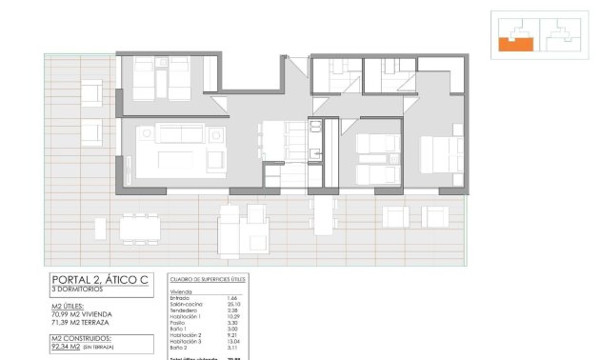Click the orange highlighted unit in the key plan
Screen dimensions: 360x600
pyautogui.click(x=516, y=41)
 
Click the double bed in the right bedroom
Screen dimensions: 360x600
pyautogui.click(x=440, y=157)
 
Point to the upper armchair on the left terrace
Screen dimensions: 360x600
pyautogui.click(x=92, y=93)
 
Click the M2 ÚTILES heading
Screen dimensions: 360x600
pyautogui.click(x=73, y=305)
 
